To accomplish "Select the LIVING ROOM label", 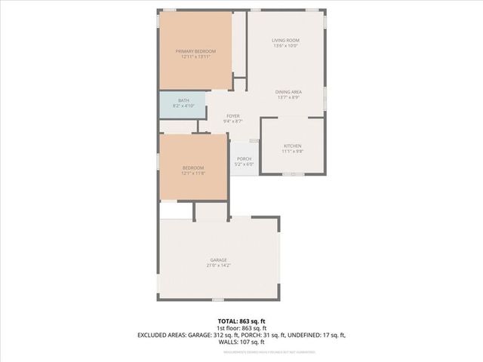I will [285, 40].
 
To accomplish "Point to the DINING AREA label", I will [288, 91].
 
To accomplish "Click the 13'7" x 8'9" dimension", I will [288, 97].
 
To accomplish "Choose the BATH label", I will [183, 100].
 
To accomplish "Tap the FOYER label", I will [232, 115].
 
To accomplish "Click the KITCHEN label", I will [292, 146].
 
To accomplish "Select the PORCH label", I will [244, 158].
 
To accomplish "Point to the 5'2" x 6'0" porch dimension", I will [244, 164].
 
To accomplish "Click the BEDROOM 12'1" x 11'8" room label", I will [193, 167].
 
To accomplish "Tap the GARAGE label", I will [218, 260].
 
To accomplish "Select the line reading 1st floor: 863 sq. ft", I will [241, 329].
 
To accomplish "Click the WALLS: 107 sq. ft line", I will [241, 342].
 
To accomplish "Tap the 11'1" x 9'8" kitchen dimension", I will [292, 152].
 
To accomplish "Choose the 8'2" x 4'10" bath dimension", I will [183, 106].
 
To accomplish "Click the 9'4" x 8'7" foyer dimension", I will [232, 121].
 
